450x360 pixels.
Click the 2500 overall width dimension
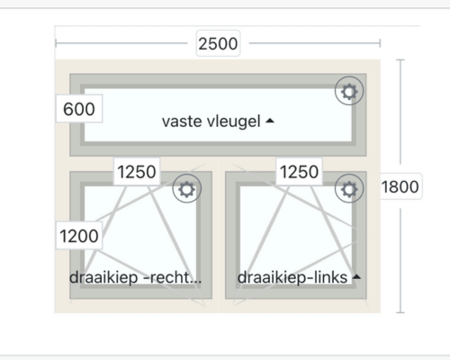point(218,43)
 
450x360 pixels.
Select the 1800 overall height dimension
point(400,186)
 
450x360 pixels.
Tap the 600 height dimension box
point(79,109)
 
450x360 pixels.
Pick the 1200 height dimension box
point(79,236)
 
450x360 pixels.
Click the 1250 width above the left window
point(137,172)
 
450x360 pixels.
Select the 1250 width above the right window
point(299,172)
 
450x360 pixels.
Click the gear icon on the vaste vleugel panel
point(349,91)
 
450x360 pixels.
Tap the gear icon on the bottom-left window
point(187,189)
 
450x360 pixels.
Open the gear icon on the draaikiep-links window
point(349,189)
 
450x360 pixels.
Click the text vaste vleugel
point(211,121)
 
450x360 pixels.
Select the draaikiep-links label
point(292,277)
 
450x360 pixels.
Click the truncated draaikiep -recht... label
point(135,277)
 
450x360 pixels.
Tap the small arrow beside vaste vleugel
point(270,121)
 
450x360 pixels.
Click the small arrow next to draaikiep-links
point(356,276)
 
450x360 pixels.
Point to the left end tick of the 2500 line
point(56,43)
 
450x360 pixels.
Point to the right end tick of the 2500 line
point(380,43)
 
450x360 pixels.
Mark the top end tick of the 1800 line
point(400,60)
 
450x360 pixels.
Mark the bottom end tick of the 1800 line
point(400,312)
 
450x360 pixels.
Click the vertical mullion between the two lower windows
point(219,235)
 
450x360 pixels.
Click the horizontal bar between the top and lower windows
point(218,164)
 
